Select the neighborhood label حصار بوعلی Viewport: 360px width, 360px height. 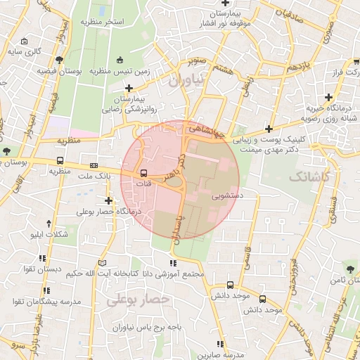tap(139, 300)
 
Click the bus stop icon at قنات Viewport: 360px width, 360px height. tap(143, 172)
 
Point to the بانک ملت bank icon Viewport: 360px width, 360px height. tap(94, 166)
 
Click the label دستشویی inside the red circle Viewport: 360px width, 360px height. tap(226, 197)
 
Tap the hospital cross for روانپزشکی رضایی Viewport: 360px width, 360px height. tap(128, 88)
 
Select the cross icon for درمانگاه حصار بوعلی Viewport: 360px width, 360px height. tap(108, 200)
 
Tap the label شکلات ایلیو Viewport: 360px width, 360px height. tap(49, 234)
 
